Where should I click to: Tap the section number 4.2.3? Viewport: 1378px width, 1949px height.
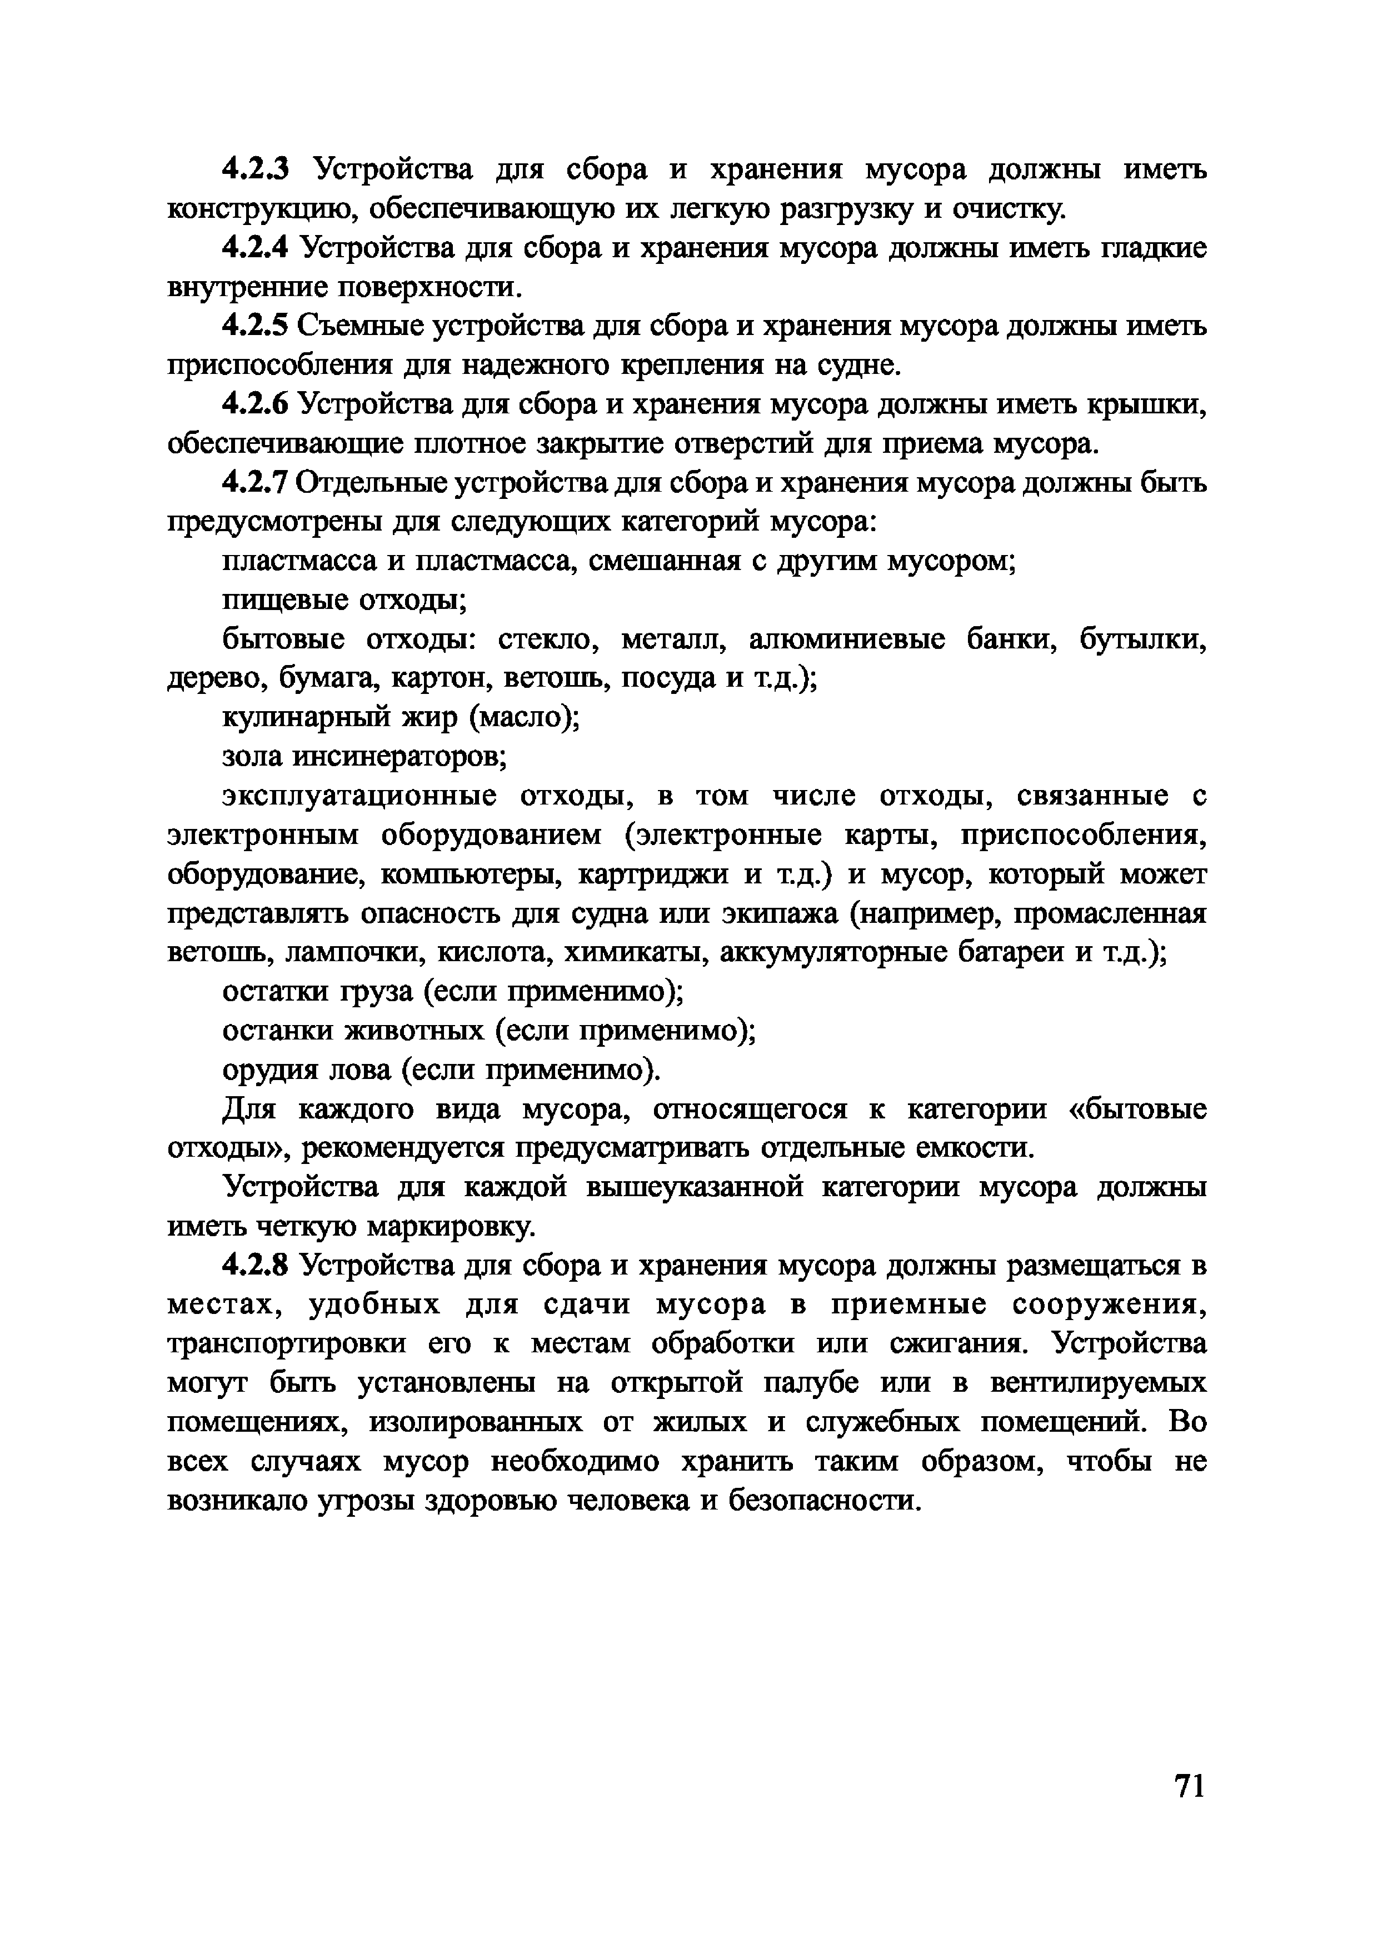point(256,170)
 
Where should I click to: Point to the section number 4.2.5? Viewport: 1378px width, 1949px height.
point(256,326)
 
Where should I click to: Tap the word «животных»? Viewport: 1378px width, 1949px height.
point(415,1031)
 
